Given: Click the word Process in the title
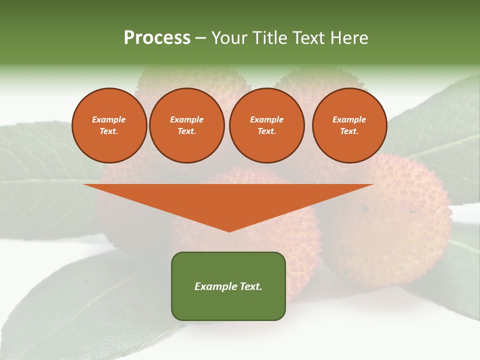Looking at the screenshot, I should (x=157, y=38).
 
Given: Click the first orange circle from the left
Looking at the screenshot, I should (x=109, y=125).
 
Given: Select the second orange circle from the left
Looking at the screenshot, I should (x=186, y=125).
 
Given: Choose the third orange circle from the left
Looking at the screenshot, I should (x=266, y=125).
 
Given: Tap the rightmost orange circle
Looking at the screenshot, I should (x=349, y=125).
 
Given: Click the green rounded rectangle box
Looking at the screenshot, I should (x=228, y=286).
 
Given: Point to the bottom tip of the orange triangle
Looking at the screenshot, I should (x=229, y=230).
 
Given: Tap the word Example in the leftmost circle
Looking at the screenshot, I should (x=109, y=119).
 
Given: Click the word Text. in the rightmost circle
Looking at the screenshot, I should (x=349, y=131).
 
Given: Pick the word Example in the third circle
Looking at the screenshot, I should (x=266, y=119).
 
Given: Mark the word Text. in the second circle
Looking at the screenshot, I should (x=186, y=131).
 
